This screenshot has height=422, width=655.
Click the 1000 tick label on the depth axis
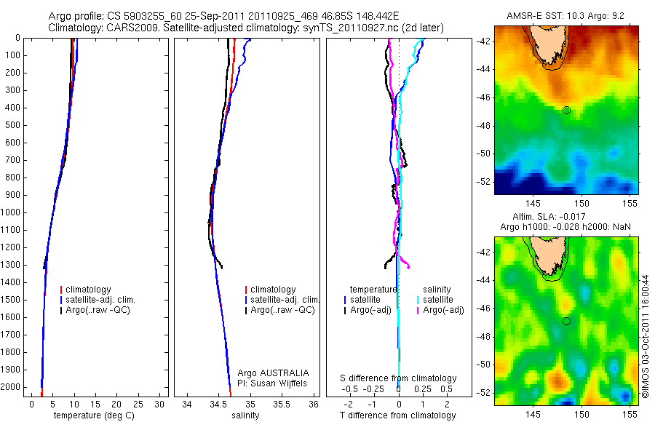12,212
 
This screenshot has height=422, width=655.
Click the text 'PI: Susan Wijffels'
274,383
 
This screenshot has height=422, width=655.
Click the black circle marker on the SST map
566,110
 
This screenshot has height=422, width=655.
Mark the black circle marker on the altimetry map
566,321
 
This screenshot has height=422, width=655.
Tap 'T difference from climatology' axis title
398,415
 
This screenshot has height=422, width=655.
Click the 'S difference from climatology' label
398,378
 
